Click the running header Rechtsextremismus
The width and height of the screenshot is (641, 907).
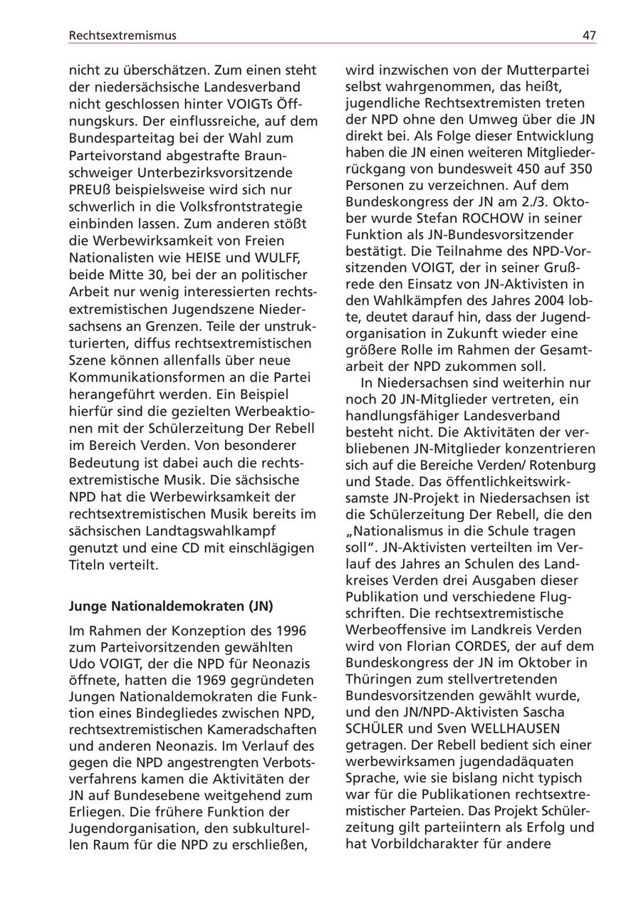pos(123,35)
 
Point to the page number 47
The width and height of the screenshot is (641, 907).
pos(588,35)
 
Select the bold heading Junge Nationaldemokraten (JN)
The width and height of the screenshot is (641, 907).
pos(171,607)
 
